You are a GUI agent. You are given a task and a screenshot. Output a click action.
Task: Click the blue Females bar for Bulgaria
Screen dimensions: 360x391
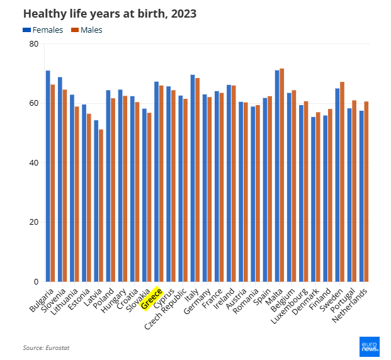click(48, 176)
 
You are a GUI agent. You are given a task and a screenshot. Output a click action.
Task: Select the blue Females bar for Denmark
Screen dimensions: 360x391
click(313, 199)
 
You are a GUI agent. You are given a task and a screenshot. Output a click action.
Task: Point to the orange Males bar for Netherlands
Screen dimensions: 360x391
click(366, 191)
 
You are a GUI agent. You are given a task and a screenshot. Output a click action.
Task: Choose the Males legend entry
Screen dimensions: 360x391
click(87, 30)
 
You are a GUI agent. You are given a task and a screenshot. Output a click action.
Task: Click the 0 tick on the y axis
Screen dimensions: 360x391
click(36, 281)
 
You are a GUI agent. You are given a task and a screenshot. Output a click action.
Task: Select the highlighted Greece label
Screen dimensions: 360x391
click(152, 298)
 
